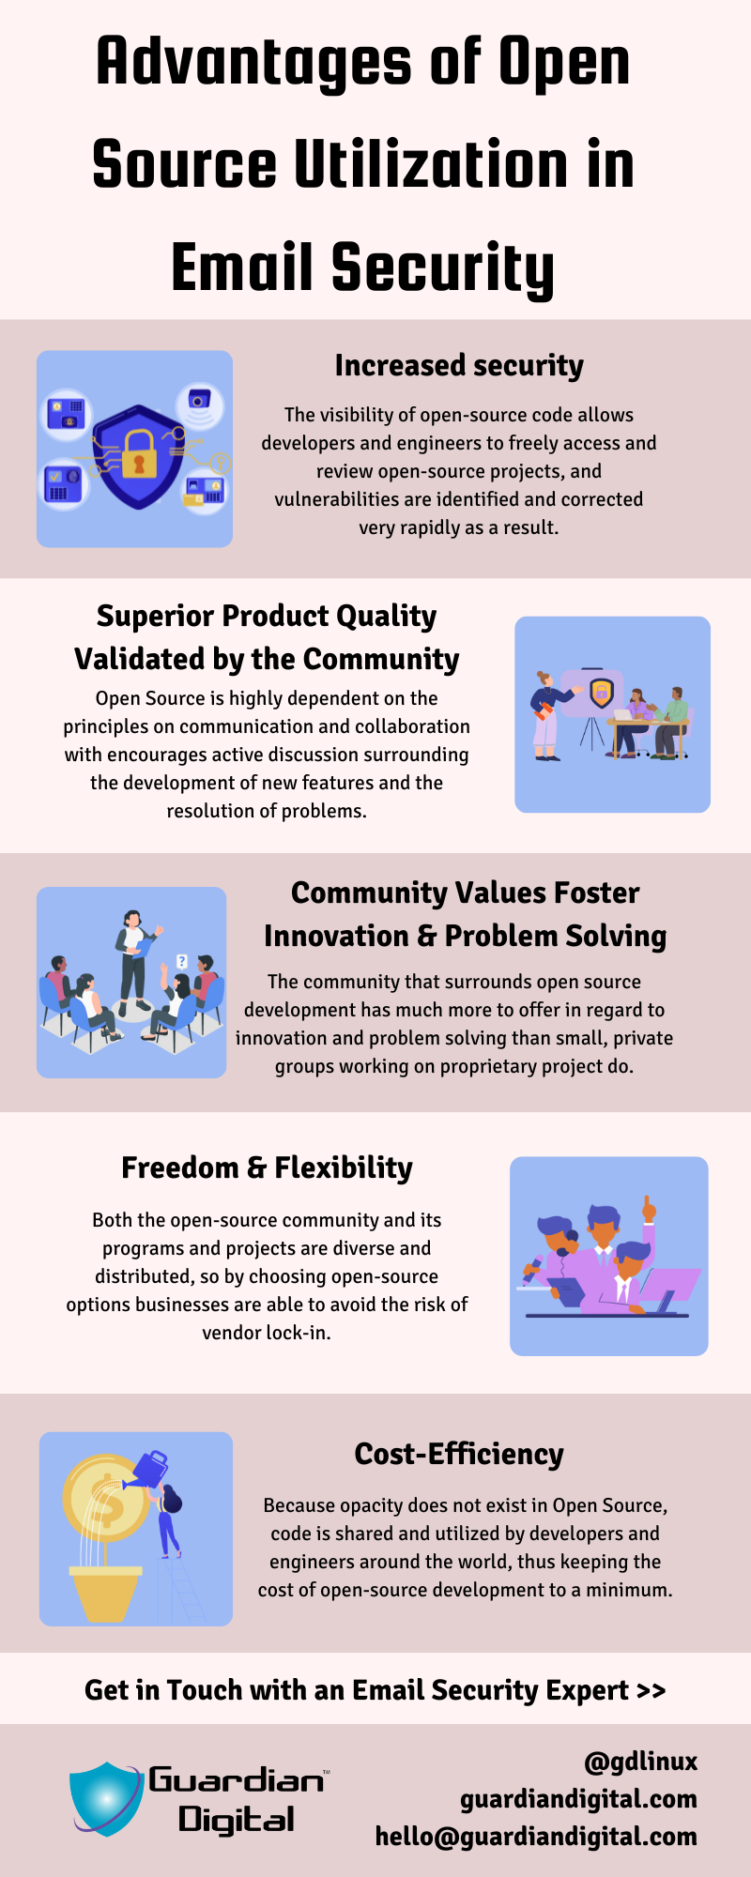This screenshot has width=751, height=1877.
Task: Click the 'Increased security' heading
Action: point(459,365)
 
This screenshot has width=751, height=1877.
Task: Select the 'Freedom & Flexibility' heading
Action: point(267,1167)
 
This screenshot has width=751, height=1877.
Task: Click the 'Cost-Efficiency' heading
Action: point(459,1454)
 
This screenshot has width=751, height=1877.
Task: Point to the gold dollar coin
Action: point(105,1498)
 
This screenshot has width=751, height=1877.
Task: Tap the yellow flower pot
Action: point(105,1594)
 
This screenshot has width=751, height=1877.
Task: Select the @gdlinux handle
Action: point(641,1762)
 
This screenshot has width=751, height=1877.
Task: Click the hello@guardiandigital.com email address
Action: point(536,1837)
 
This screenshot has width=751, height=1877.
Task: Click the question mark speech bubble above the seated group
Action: point(182,962)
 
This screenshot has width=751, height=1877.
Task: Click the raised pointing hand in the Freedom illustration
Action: point(648,1209)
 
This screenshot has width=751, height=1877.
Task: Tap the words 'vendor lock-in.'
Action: point(267,1333)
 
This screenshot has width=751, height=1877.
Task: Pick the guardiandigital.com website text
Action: point(578,1799)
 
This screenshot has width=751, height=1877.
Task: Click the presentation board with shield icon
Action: point(591,694)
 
